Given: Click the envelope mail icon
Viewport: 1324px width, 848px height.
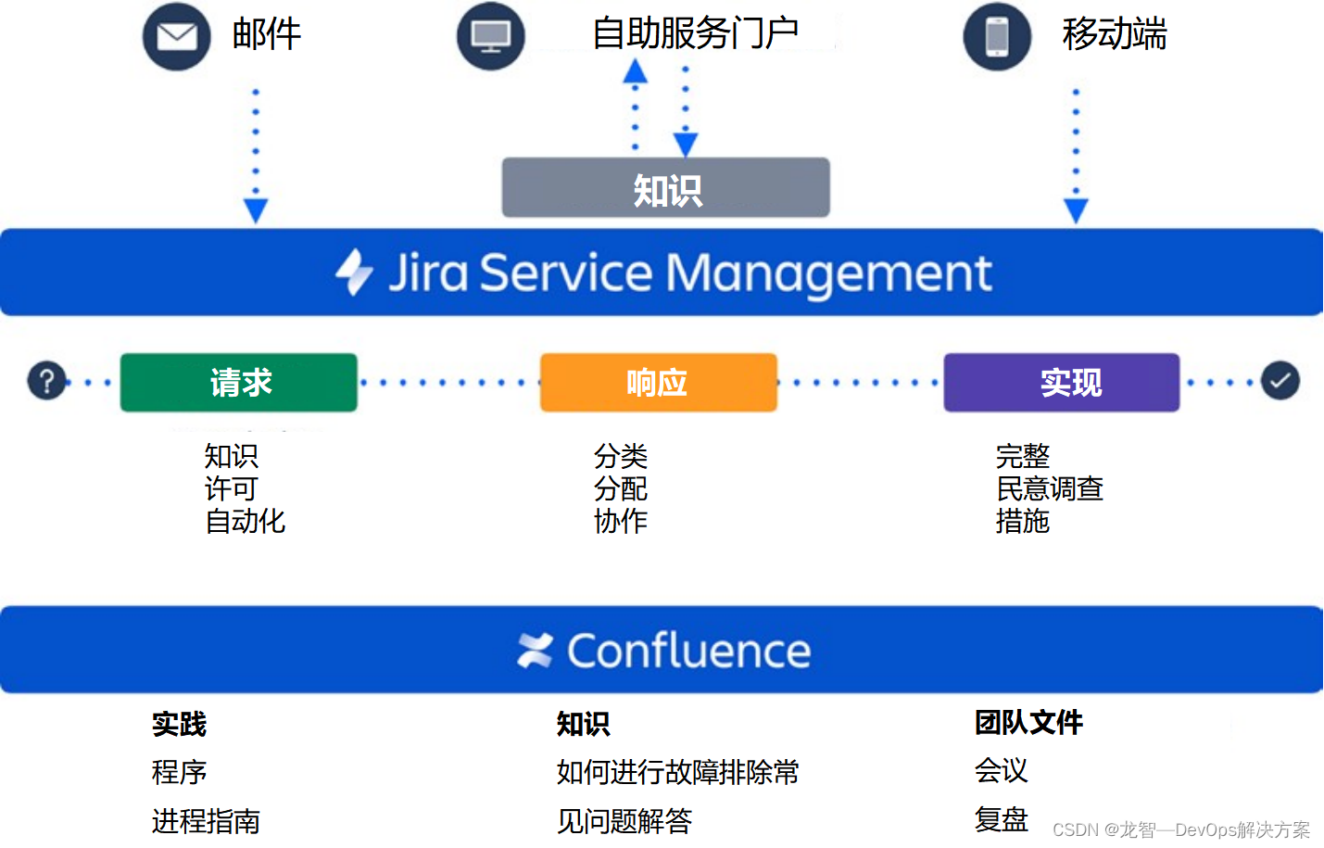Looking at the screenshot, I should point(176,37).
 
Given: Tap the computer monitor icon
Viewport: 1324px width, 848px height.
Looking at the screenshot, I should point(490,37).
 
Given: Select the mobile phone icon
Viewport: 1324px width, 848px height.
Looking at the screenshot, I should point(997,37).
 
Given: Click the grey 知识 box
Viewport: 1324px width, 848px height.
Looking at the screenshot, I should point(666,188).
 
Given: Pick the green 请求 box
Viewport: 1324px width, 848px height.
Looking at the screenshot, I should point(239,383).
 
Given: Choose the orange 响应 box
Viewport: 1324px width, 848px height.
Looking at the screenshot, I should point(658,383).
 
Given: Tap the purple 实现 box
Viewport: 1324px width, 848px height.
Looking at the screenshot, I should point(1062,383).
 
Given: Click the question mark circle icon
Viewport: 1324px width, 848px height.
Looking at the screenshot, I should point(46,381).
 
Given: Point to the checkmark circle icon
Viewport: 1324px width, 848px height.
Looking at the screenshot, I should point(1280,381).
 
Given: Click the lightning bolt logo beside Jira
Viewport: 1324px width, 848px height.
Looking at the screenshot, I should point(354,272).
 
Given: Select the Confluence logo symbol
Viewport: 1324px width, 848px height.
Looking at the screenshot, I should point(536,651).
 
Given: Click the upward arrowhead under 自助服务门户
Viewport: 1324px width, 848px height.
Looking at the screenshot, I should point(635,72).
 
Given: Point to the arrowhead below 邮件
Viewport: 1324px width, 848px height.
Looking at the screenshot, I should point(256,210).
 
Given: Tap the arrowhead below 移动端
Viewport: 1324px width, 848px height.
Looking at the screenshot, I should point(1076,210).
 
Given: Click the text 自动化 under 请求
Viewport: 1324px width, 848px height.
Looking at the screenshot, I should point(246,522).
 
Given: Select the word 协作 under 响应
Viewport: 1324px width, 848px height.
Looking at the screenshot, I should point(621,522).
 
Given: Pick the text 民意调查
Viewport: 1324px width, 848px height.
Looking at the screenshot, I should point(1050,488).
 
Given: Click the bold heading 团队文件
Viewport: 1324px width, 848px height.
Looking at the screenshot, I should point(1028,723).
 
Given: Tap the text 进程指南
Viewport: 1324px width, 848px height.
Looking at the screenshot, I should point(206,821).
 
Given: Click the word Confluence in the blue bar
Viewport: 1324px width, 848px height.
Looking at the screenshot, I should point(689,651).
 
